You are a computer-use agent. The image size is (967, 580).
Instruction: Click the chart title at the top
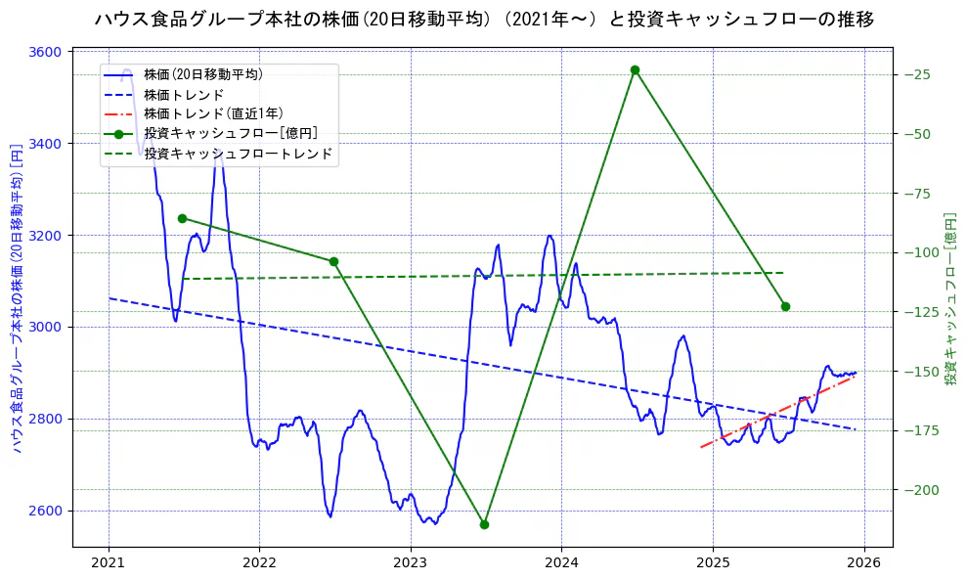pyautogui.click(x=484, y=19)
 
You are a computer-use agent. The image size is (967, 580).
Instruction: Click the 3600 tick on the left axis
pyautogui.click(x=48, y=52)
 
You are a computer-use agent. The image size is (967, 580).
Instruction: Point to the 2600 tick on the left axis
pyautogui.click(x=48, y=511)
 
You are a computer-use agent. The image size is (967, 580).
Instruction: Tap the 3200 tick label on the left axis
pyautogui.click(x=48, y=235)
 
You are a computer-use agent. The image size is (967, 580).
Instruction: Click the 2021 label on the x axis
pyautogui.click(x=109, y=563)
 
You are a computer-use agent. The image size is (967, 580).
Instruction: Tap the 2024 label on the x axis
pyautogui.click(x=561, y=563)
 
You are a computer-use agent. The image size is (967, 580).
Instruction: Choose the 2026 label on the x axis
pyautogui.click(x=863, y=563)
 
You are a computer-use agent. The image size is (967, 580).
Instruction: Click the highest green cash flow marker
pyautogui.click(x=635, y=69)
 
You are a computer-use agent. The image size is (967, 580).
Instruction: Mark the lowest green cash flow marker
pyautogui.click(x=484, y=524)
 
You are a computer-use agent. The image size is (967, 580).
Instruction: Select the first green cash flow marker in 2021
pyautogui.click(x=182, y=218)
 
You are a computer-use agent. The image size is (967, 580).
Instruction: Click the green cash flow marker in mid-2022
pyautogui.click(x=333, y=261)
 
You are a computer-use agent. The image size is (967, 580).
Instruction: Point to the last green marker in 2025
pyautogui.click(x=785, y=306)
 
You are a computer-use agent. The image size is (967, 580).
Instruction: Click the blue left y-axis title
pyautogui.click(x=17, y=299)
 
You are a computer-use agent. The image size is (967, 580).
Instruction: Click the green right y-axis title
pyautogui.click(x=950, y=299)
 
